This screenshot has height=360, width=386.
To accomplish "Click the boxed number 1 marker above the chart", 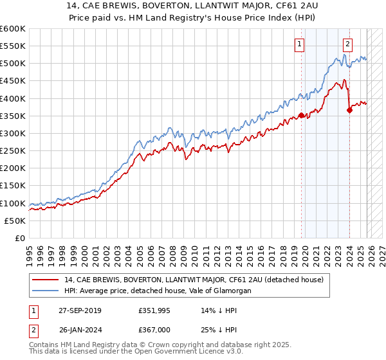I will (x=300, y=44).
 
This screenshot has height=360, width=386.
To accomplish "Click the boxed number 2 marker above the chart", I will (x=347, y=44).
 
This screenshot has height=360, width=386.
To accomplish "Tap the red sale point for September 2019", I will (x=301, y=116).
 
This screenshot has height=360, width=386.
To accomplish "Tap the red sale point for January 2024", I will (x=349, y=110).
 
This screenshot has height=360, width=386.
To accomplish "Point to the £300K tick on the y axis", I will (x=12, y=133).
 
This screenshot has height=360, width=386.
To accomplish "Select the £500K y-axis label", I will (x=12, y=64).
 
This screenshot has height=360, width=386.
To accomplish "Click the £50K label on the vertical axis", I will (x=14, y=221).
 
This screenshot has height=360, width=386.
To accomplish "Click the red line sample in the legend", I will (x=46, y=280).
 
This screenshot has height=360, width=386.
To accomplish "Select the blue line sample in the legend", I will (x=46, y=291).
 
